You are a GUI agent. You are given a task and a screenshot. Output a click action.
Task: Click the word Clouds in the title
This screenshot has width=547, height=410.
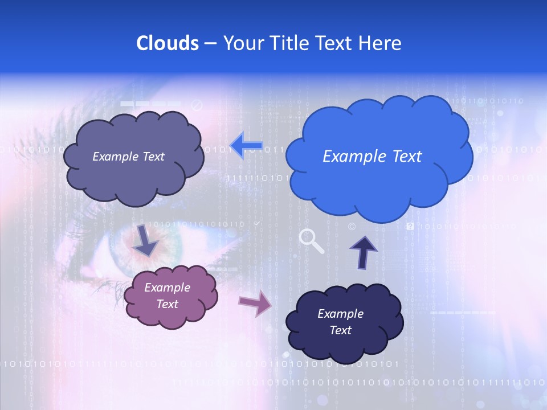168,43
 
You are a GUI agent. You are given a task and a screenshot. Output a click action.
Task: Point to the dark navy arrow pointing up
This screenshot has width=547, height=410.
364,251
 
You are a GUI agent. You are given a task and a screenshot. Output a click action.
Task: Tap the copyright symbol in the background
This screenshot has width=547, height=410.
352,227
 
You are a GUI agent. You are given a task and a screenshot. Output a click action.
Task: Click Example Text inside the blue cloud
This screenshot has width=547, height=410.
372,157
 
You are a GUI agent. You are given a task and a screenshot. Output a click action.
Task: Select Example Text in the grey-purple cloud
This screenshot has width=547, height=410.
128,157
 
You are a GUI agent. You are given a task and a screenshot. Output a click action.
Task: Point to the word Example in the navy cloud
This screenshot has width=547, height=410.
340,314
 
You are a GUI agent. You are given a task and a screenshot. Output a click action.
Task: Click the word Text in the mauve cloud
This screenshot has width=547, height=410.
168,304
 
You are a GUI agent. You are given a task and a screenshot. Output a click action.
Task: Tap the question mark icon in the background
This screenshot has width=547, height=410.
410,227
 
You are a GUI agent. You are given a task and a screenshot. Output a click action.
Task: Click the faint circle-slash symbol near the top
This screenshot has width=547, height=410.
197,105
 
